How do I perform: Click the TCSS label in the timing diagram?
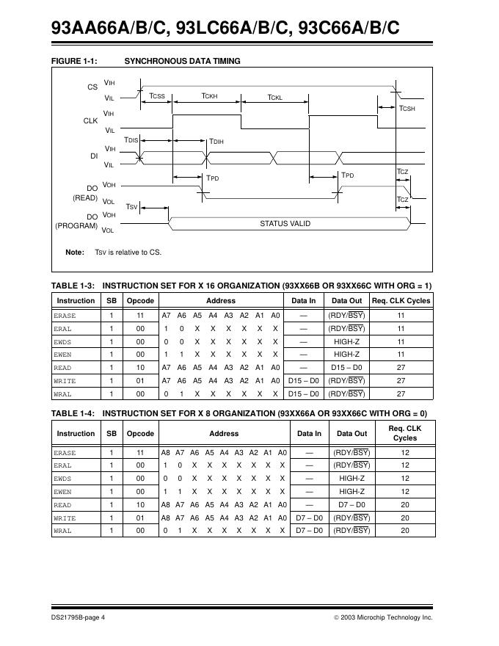click(x=157, y=96)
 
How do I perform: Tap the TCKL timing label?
click(x=274, y=96)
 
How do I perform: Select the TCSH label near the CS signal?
click(x=407, y=109)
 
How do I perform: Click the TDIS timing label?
click(x=131, y=139)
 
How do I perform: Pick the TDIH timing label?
click(x=216, y=141)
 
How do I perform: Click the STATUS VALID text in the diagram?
click(x=285, y=223)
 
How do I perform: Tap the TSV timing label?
click(x=131, y=207)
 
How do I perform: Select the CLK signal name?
click(x=90, y=120)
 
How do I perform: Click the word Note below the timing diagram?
click(x=75, y=253)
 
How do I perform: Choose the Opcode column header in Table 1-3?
click(x=140, y=300)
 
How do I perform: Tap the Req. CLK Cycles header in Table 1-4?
click(x=404, y=433)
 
